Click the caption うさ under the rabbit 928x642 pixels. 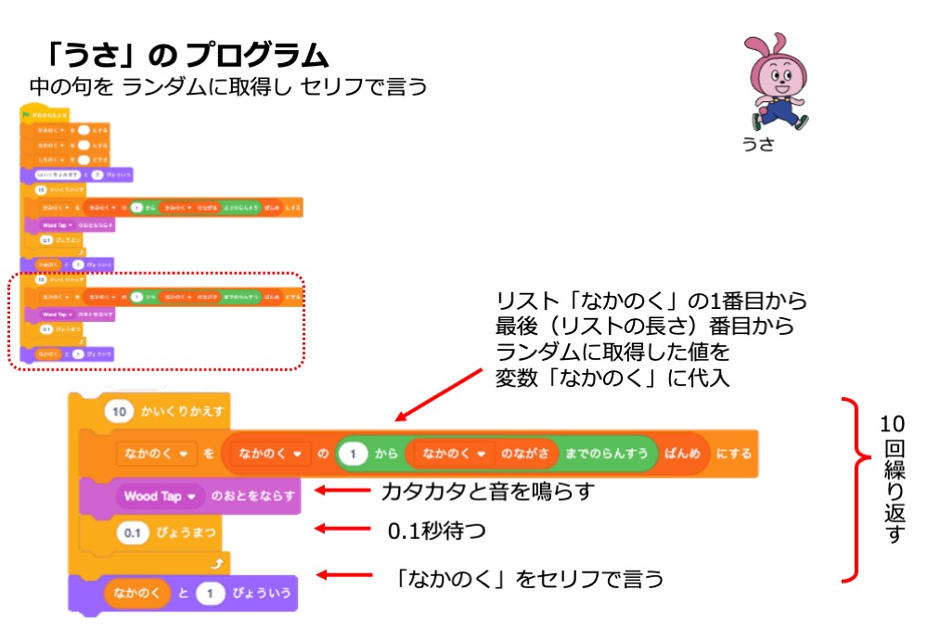click(757, 145)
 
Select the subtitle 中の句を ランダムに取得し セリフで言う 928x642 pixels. click(228, 86)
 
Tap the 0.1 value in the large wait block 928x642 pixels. click(133, 533)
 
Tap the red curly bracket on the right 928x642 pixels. click(852, 489)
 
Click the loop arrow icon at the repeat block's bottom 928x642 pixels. click(216, 562)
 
